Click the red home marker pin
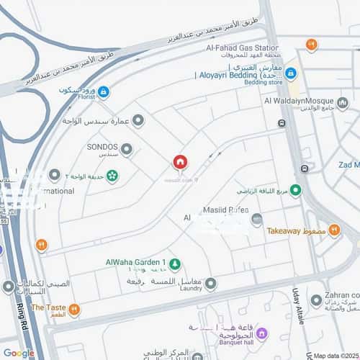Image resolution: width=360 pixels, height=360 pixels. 179,163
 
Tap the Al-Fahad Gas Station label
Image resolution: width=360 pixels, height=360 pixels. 242,48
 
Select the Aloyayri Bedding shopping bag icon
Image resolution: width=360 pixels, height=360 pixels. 290,73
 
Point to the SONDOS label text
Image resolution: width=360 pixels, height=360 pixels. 102,147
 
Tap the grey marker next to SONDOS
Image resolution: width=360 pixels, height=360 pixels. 127,150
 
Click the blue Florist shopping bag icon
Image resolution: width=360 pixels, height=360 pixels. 103,92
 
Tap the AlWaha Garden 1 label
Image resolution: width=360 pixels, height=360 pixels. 135,262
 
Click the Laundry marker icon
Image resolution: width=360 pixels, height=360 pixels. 210,284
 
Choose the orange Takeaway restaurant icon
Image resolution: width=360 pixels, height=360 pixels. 333,230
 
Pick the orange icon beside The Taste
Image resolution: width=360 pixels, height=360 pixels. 74,309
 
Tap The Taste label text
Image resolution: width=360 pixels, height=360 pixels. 48,307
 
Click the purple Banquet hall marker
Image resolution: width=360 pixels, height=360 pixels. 261,333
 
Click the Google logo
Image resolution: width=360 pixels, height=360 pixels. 19,353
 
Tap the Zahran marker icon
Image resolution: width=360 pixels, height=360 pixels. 316,300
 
